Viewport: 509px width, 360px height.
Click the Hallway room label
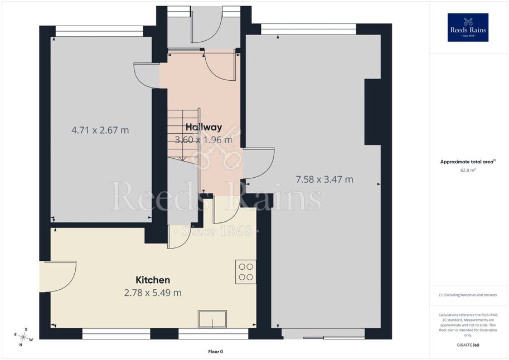pos(203,127)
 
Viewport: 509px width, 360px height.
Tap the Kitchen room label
pos(153,280)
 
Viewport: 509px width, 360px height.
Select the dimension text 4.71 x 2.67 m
pos(100,130)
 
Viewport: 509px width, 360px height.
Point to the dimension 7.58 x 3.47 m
pos(324,179)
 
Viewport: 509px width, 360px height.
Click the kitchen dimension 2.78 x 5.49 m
pos(153,293)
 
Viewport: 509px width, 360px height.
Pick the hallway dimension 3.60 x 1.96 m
pos(203,140)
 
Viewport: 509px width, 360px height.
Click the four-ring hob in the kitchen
pos(246,272)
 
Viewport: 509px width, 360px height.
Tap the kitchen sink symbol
pos(212,319)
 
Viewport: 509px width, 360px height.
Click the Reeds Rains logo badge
pos(468,27)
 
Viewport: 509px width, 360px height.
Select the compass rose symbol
pos(23,337)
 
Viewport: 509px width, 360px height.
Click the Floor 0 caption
pos(216,352)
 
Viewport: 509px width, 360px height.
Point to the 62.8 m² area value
pos(468,170)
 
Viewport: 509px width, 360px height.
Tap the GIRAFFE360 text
pos(468,345)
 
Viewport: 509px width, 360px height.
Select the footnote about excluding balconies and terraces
pos(468,295)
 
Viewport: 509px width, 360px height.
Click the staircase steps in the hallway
pos(183,135)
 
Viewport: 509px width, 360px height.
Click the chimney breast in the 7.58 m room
pos(372,111)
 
